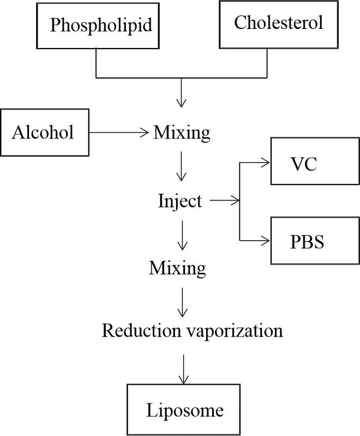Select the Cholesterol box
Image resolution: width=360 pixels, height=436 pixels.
point(278,23)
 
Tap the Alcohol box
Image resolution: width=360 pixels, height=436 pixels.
point(43,132)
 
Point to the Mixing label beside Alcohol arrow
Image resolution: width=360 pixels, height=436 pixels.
point(182,132)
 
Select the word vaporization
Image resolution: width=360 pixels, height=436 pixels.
point(235,331)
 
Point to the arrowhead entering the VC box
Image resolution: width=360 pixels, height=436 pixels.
point(267,162)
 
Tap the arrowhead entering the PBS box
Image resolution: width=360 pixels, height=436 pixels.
point(267,241)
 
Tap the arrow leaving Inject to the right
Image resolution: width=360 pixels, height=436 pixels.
point(224,201)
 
